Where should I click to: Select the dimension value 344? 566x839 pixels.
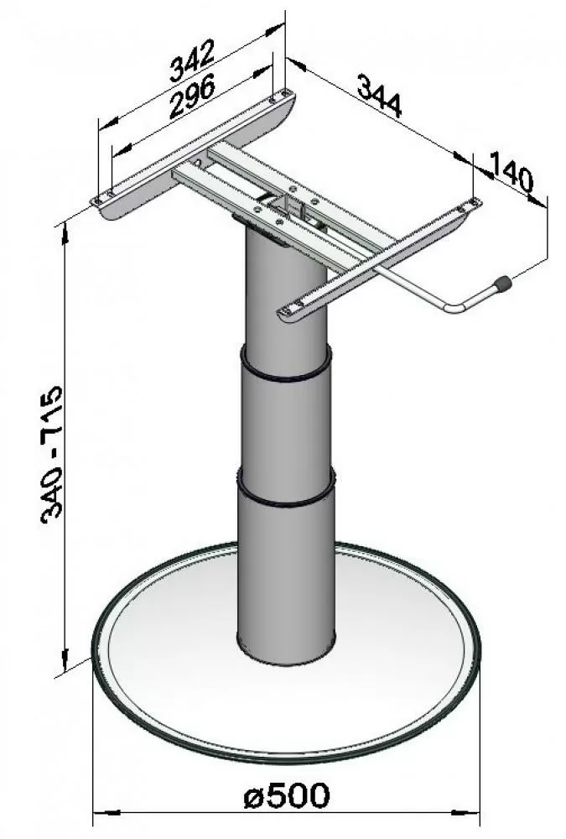pyautogui.click(x=380, y=96)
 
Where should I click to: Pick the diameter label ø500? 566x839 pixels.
pyautogui.click(x=286, y=795)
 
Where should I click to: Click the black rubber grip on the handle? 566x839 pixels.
pyautogui.click(x=502, y=284)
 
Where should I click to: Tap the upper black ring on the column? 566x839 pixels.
pyautogui.click(x=285, y=369)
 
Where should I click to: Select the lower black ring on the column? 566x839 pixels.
pyautogui.click(x=286, y=493)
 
